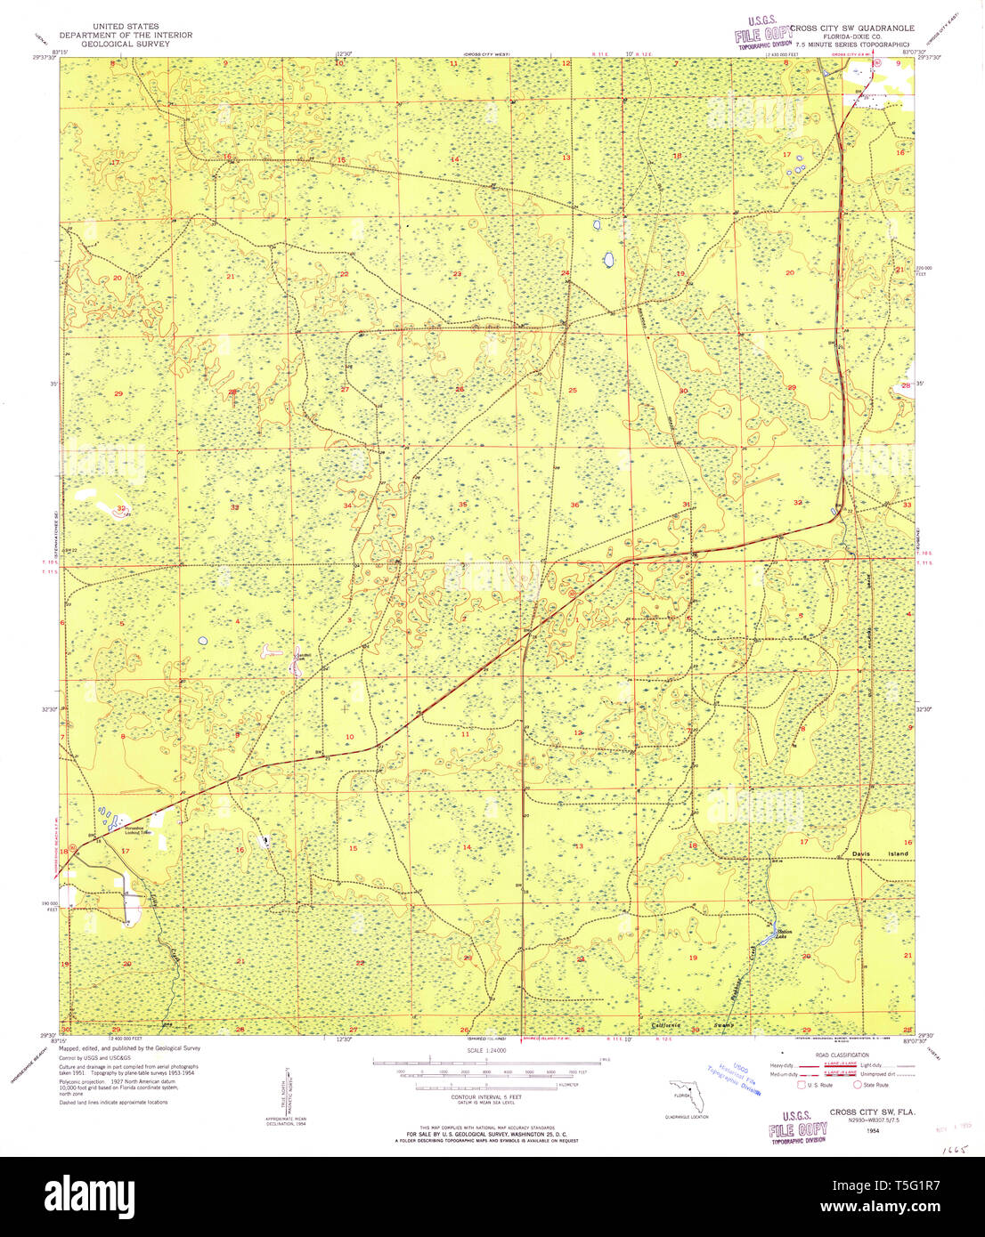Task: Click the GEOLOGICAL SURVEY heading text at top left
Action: (125, 44)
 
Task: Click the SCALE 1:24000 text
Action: (486, 1050)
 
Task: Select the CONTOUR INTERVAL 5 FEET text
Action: (486, 1097)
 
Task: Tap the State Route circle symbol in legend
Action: (858, 1085)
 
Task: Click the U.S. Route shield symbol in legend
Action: (801, 1085)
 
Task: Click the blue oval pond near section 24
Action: (609, 260)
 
